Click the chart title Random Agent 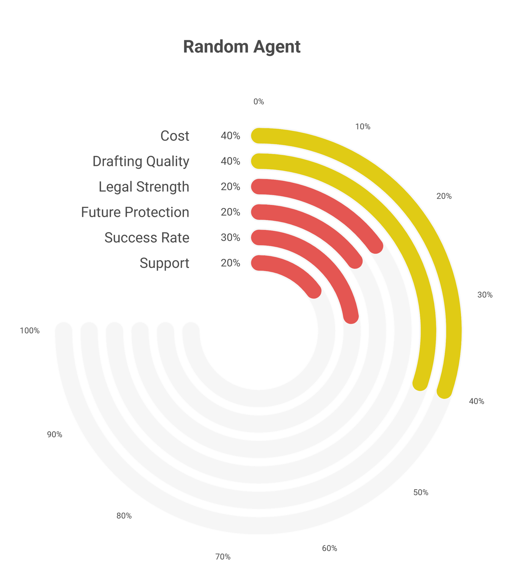(x=242, y=47)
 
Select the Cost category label (x=175, y=136)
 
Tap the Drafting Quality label (x=141, y=161)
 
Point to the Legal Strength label (x=144, y=187)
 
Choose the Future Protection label (x=135, y=212)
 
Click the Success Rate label (x=147, y=238)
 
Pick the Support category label (x=165, y=263)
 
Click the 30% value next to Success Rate (x=230, y=237)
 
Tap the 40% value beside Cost (x=230, y=136)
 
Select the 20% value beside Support (x=230, y=263)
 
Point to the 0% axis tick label (x=258, y=102)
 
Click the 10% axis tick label (x=363, y=127)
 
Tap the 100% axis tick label (x=30, y=330)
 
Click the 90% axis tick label (x=55, y=434)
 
